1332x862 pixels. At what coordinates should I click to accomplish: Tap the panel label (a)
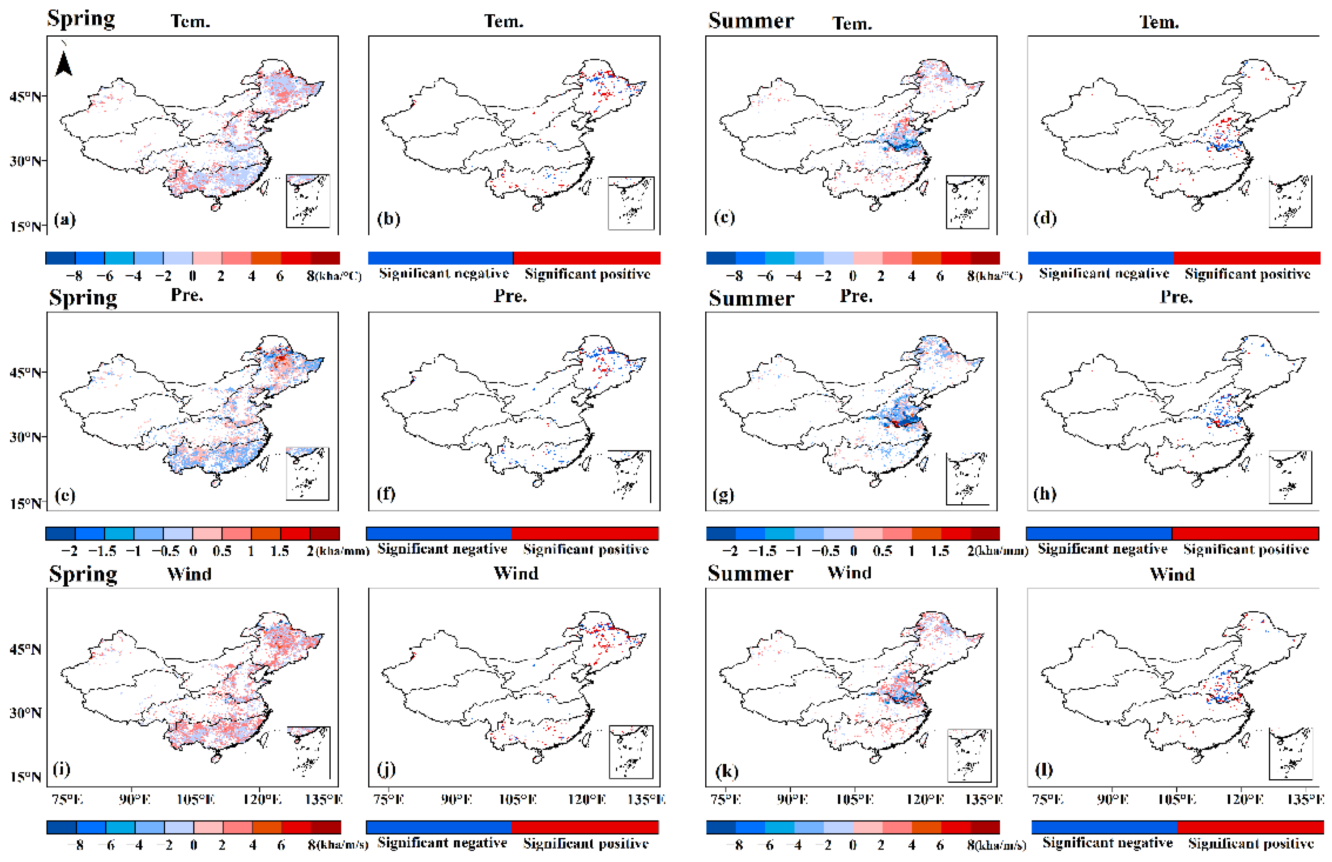click(x=65, y=219)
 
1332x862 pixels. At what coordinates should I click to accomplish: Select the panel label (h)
click(x=1044, y=493)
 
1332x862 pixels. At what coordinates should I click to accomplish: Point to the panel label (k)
click(x=726, y=771)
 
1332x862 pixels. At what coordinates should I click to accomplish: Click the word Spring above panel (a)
click(x=81, y=19)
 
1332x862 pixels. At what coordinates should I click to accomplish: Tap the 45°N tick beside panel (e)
click(x=25, y=372)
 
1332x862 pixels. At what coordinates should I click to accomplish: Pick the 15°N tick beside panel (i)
click(x=25, y=776)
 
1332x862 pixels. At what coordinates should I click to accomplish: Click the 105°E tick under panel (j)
click(x=518, y=799)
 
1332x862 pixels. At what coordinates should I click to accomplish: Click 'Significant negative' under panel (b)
click(x=444, y=274)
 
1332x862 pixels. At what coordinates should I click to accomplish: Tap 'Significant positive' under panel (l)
click(x=1251, y=843)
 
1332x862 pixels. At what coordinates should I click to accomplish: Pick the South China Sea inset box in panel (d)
click(x=1290, y=202)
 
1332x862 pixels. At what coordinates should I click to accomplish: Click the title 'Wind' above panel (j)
click(x=516, y=574)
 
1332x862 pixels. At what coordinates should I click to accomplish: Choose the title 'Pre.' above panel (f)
click(x=510, y=296)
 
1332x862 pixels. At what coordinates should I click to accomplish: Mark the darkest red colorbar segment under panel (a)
click(x=325, y=258)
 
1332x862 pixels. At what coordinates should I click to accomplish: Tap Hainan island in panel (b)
click(x=538, y=206)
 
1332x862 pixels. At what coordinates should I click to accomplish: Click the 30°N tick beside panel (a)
click(x=25, y=161)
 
